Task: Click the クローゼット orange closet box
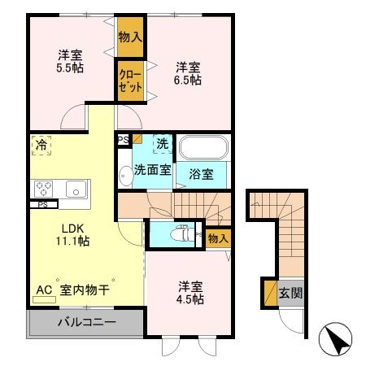tap(130, 81)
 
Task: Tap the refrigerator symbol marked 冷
tap(41, 146)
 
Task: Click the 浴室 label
tap(201, 174)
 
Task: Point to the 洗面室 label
tap(152, 171)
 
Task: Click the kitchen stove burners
tap(43, 189)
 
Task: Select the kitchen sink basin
tap(76, 189)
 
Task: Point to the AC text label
tap(44, 289)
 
